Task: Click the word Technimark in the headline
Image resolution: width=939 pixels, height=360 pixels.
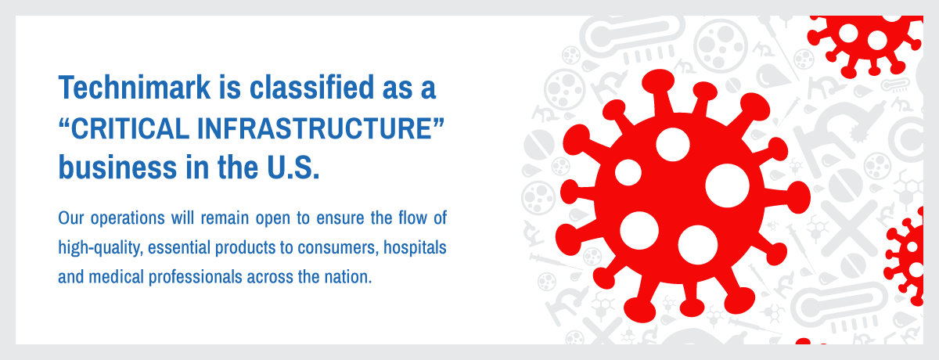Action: (134, 87)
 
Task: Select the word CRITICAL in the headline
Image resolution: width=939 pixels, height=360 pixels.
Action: (131, 128)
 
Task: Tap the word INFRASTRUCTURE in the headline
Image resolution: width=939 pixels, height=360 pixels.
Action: (315, 128)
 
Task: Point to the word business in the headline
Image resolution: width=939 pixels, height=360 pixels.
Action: (118, 167)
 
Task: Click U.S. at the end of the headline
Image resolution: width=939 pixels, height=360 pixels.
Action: (293, 167)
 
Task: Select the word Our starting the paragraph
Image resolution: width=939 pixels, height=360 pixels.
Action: (71, 218)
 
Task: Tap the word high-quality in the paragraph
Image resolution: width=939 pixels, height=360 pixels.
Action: (101, 248)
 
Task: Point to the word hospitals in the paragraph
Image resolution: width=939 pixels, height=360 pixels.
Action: (415, 248)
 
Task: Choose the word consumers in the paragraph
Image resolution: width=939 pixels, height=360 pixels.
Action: (338, 248)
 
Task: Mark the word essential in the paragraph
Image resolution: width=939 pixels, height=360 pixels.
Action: (179, 247)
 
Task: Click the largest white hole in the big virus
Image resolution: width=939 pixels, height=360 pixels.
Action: (727, 185)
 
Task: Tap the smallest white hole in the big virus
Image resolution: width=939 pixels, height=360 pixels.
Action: (628, 172)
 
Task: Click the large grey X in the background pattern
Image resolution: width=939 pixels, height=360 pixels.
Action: (849, 229)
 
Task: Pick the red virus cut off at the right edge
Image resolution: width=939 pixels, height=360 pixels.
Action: (905, 257)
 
